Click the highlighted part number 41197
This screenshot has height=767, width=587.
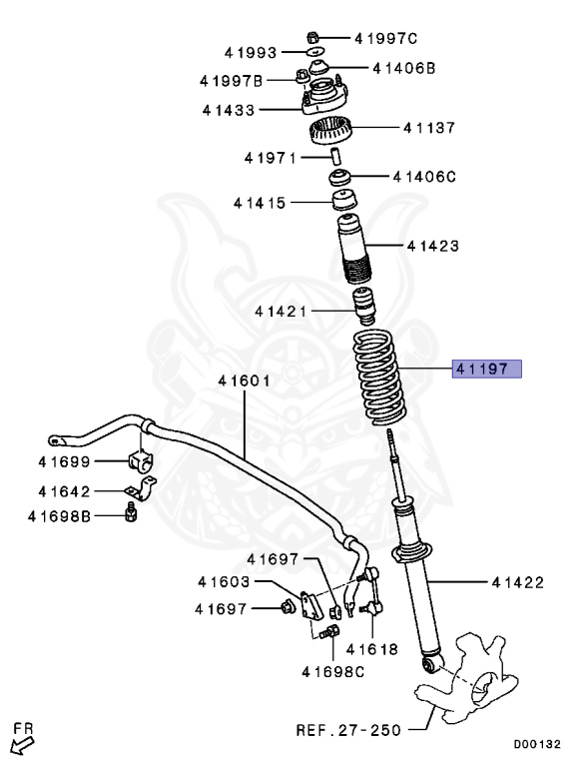pyautogui.click(x=487, y=369)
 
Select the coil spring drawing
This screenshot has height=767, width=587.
pyautogui.click(x=377, y=378)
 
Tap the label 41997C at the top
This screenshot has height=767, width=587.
pyautogui.click(x=386, y=38)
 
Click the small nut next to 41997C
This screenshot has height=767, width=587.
pyautogui.click(x=313, y=37)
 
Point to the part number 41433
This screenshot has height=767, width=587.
pyautogui.click(x=229, y=110)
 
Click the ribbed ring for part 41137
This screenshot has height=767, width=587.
pyautogui.click(x=330, y=131)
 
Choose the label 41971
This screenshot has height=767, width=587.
pyautogui.click(x=270, y=158)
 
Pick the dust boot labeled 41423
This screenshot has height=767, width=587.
pyautogui.click(x=354, y=250)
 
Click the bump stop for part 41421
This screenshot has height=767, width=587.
pyautogui.click(x=363, y=307)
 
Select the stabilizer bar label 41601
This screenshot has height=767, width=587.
pyautogui.click(x=244, y=381)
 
